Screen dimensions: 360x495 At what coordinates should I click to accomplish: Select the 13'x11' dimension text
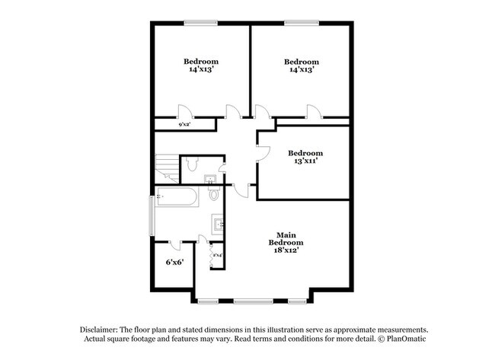coord(302,161)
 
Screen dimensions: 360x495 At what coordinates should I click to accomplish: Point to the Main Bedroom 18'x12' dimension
coord(286,251)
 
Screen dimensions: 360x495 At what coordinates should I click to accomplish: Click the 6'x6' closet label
coord(174,263)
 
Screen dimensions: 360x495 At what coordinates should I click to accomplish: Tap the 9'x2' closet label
coord(184,124)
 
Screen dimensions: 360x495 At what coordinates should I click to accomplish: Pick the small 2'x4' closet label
coord(217,255)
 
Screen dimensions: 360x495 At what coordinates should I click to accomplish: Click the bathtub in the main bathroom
coord(177,198)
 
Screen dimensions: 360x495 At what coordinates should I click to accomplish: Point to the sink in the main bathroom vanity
coord(219,225)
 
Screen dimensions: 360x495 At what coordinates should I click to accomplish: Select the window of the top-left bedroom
coord(201,22)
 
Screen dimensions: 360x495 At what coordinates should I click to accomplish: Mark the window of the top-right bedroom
coord(301,22)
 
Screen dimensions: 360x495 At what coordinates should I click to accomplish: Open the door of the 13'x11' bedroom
coord(263,150)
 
